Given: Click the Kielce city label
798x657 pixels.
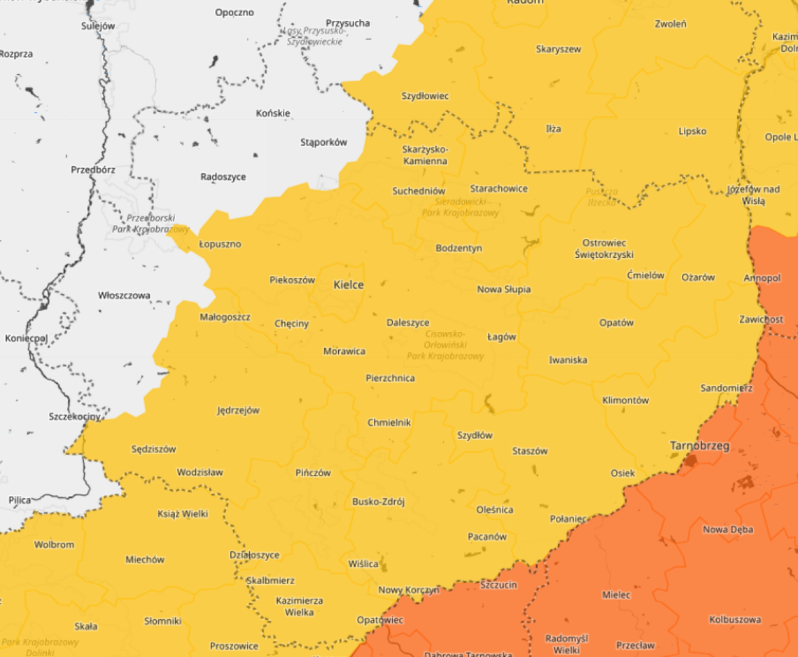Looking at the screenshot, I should [348, 285].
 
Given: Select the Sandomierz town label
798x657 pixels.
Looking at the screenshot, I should [726, 388].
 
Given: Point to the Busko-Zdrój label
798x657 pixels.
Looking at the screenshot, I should [378, 502].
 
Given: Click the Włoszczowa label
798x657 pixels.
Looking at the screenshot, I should [124, 296].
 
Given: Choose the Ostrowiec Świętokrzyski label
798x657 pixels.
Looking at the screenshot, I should [603, 249].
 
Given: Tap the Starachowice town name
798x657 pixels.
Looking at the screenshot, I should [498, 188].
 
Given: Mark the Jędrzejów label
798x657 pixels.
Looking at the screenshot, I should [238, 410].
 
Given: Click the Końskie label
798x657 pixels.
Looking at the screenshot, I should [273, 113].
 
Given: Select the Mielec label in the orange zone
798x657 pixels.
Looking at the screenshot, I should [616, 595].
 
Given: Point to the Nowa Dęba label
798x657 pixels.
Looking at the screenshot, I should [728, 530].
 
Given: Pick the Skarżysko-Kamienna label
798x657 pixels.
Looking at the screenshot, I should [424, 155].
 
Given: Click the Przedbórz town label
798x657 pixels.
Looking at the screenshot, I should [93, 170].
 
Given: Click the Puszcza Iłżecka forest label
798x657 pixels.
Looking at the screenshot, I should [602, 197].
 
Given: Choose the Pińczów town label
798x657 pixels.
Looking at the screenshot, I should [313, 473].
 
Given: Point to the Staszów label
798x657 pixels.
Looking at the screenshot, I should [530, 451].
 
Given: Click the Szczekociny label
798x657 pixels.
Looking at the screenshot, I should [74, 416].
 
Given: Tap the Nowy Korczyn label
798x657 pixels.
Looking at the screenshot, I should [409, 590].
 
